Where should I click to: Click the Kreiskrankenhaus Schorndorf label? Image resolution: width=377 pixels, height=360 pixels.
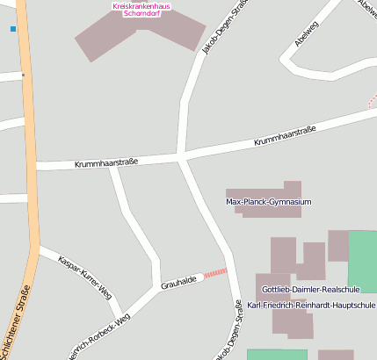coord(141,10)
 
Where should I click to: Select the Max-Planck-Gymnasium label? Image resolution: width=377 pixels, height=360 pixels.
coord(269,202)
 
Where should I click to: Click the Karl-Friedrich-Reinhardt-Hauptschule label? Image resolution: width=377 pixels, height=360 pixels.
coord(311,305)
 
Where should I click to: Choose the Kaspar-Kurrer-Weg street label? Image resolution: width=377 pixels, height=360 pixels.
coord(84,276)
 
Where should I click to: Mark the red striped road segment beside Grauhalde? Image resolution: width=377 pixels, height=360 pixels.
coord(215,272)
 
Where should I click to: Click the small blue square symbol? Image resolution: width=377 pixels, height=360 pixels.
coord(13,29)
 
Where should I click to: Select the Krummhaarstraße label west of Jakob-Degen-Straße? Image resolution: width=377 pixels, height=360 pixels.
coord(106,162)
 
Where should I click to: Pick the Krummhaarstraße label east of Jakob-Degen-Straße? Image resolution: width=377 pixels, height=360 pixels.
coord(285,135)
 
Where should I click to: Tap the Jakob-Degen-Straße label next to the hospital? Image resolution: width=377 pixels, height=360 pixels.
coord(215,29)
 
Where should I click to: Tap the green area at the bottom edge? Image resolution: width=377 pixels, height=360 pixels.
coord(277,354)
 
